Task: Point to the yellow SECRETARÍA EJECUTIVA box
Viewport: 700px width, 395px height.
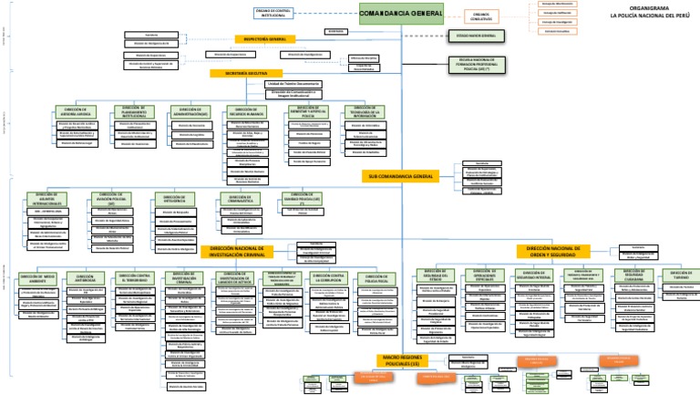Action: point(243,72)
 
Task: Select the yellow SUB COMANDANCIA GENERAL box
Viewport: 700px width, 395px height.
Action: point(399,174)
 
